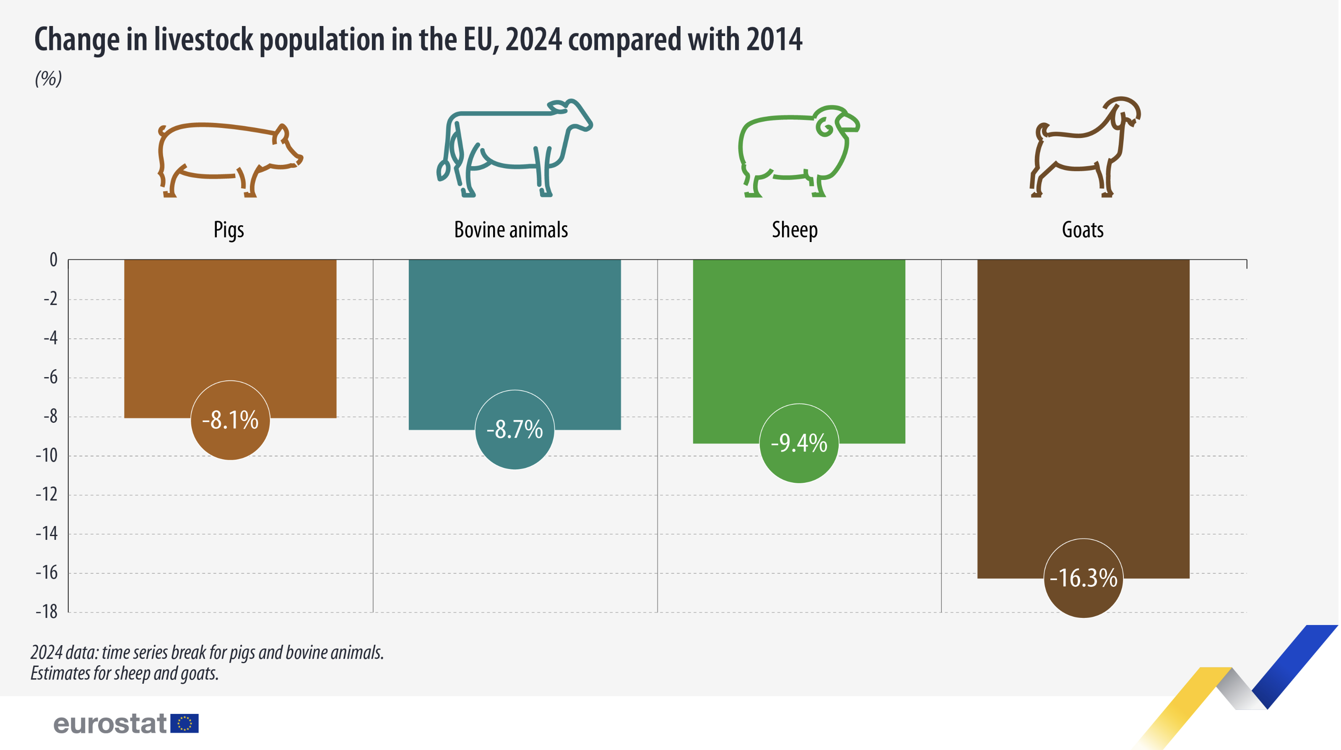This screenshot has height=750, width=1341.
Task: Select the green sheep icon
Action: tap(798, 151)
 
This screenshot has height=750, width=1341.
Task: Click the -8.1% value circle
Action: tap(230, 420)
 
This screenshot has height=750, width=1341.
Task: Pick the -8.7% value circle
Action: tap(515, 430)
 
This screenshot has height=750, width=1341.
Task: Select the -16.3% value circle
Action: tap(1083, 578)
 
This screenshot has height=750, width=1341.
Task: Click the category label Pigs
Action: tap(229, 230)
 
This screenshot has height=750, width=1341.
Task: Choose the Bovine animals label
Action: tap(511, 230)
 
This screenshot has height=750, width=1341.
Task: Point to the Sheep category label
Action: tap(794, 230)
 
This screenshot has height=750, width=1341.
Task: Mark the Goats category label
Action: tap(1082, 230)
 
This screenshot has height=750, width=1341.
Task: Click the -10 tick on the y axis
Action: tap(47, 456)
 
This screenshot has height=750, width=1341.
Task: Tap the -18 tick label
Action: tap(47, 612)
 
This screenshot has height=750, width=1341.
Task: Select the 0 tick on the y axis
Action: tap(53, 259)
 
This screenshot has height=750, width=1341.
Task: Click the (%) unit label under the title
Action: tap(48, 78)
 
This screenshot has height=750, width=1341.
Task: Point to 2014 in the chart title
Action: tap(774, 39)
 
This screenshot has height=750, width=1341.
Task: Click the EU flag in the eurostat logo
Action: tap(185, 724)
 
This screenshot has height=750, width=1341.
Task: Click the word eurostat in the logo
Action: tap(110, 724)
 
